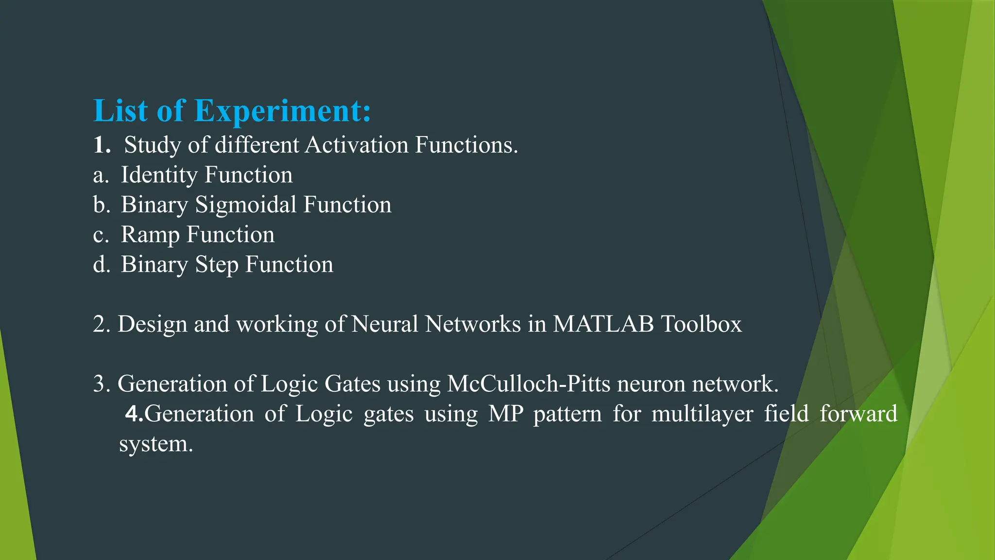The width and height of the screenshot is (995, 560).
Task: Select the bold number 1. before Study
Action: [x=102, y=145]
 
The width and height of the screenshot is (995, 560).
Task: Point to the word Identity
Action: [x=159, y=175]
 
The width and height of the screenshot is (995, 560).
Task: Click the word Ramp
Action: [x=150, y=235]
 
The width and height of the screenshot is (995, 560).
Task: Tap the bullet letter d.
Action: [x=102, y=265]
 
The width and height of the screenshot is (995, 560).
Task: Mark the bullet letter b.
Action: [x=102, y=205]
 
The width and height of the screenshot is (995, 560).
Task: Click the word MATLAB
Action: [x=603, y=324]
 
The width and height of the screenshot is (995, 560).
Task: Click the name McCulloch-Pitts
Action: [x=529, y=384]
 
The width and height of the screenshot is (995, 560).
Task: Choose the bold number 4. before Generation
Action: [x=134, y=414]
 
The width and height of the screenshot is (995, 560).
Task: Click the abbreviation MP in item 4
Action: [x=505, y=414]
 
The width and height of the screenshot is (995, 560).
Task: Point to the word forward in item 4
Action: [x=858, y=414]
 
